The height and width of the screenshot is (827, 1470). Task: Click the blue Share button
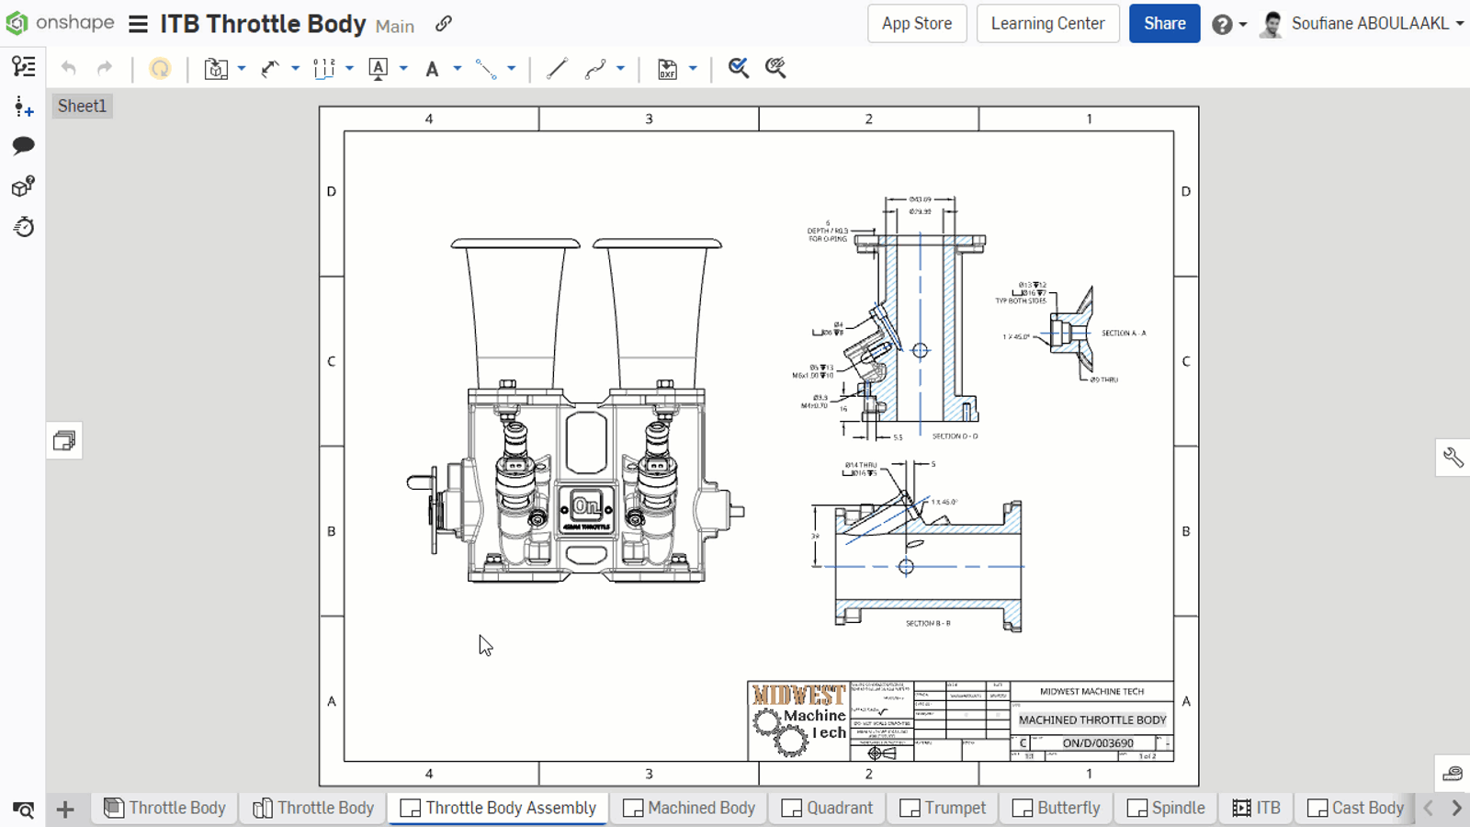[x=1164, y=24]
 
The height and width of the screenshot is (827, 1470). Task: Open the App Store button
[x=916, y=24]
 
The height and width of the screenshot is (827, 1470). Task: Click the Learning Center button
[x=1047, y=24]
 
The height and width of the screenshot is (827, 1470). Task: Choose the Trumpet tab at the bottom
[x=943, y=808]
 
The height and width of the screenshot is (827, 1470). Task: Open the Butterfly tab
[x=1057, y=808]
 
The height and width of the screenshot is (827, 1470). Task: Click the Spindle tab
[x=1166, y=808]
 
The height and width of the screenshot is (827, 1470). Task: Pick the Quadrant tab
[x=828, y=808]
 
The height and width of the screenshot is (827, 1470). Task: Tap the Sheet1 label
[x=82, y=106]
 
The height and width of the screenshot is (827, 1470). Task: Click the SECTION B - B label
[x=928, y=623]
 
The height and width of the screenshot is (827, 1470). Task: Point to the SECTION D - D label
[x=955, y=436]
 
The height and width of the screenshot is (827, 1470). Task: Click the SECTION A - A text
[x=1124, y=334]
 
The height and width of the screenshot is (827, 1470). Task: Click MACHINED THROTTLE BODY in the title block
[x=1091, y=719]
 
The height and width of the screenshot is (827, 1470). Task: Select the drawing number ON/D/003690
[x=1098, y=742]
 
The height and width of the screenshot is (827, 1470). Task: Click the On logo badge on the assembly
[x=586, y=505]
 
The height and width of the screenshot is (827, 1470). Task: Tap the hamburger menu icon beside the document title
[x=138, y=24]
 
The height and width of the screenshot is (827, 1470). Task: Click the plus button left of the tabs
[x=65, y=809]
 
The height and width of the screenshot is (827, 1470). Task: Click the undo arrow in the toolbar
[x=69, y=68]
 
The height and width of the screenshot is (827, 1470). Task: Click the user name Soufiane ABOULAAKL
[x=1369, y=24]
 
